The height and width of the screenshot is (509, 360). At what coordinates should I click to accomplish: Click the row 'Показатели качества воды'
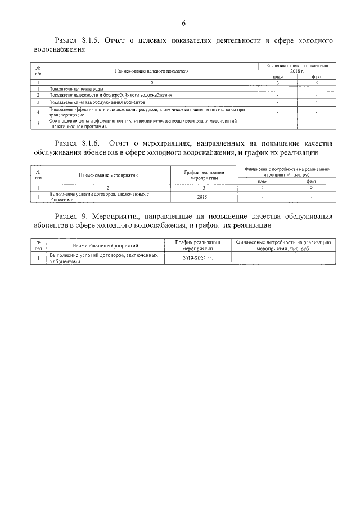pos(75,89)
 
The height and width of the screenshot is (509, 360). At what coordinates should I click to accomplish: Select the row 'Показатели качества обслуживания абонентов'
pos(97,103)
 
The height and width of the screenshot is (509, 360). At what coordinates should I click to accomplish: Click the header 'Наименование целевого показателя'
pos(152,72)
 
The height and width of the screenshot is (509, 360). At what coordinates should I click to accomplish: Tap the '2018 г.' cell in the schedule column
pos(204,197)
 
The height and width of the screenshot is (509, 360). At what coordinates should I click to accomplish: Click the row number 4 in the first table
pos(38,112)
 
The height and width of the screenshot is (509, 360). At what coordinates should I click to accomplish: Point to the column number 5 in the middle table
pos(311,188)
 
